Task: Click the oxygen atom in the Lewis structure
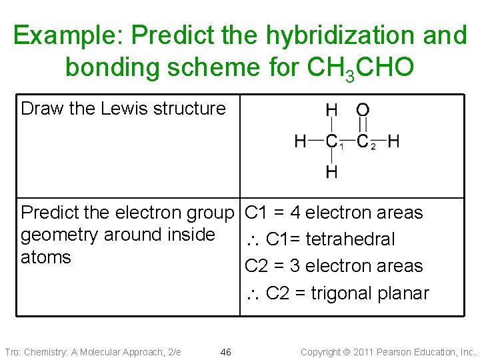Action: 363,110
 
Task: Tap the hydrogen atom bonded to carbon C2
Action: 393,141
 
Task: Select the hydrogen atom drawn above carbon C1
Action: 331,110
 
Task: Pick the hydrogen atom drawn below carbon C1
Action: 331,172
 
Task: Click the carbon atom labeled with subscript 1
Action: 331,141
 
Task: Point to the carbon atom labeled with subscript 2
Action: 363,141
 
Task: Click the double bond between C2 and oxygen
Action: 363,125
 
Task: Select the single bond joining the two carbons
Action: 349,141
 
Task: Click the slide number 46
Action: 225,351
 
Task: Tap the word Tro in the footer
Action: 12,351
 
